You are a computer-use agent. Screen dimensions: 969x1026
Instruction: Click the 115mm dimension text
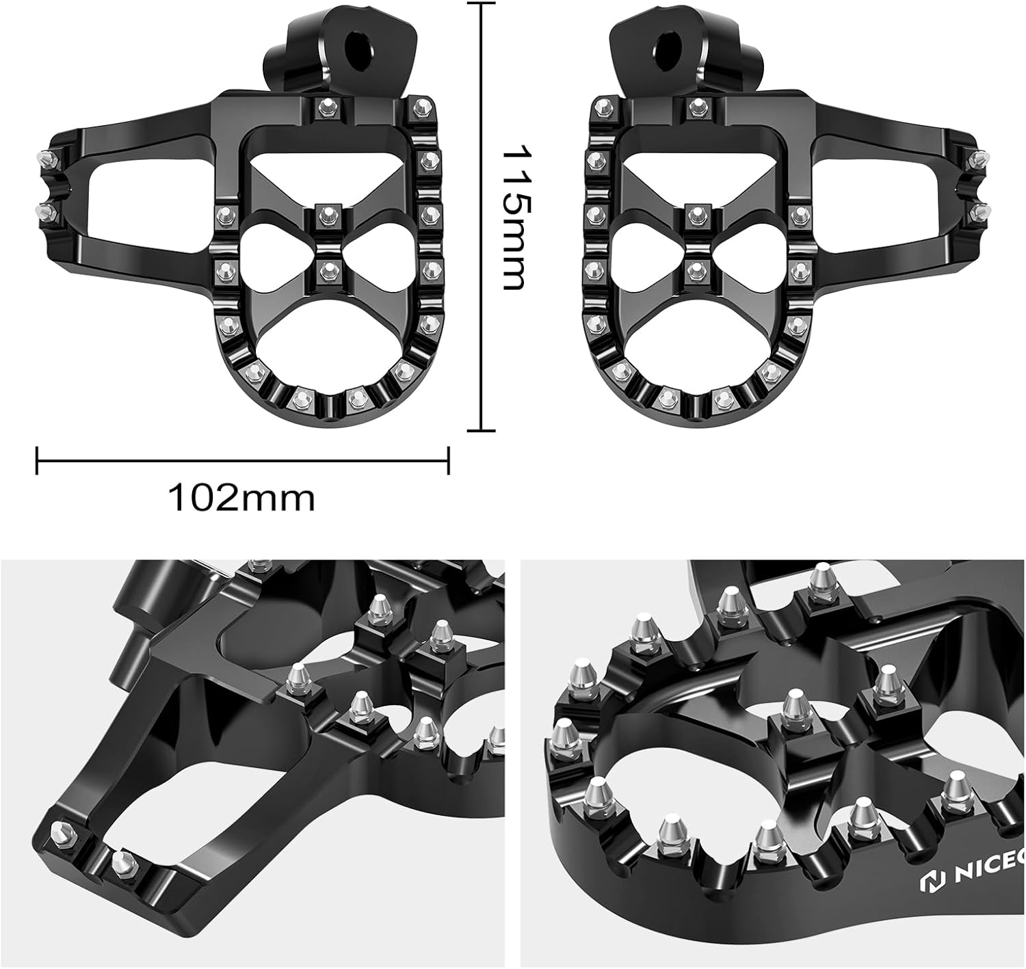click(x=514, y=217)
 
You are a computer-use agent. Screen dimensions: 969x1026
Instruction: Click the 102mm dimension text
click(x=241, y=498)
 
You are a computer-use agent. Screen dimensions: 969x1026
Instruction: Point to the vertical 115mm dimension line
click(x=482, y=217)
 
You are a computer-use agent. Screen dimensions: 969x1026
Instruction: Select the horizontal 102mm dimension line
click(x=242, y=460)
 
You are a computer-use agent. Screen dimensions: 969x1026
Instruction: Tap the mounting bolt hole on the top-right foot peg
click(x=666, y=47)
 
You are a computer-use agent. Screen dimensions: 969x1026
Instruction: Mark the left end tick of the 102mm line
click(x=37, y=460)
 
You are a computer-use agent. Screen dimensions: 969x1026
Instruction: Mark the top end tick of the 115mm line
click(x=482, y=3)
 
